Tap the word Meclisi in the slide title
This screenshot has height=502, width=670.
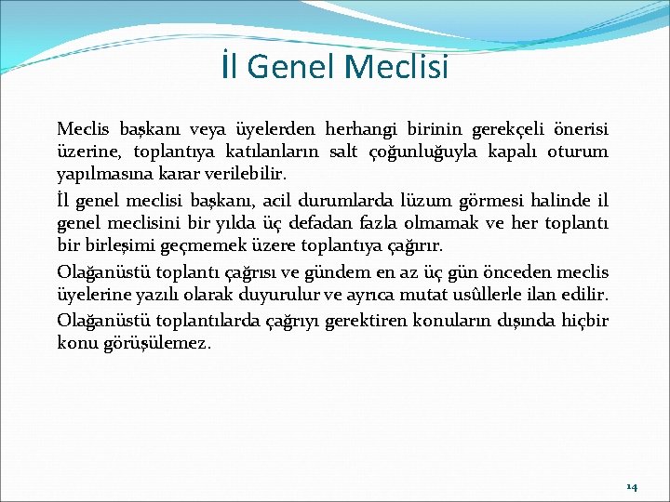[395, 67]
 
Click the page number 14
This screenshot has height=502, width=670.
[632, 486]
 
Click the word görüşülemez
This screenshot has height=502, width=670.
[158, 342]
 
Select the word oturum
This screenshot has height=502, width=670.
[577, 152]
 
